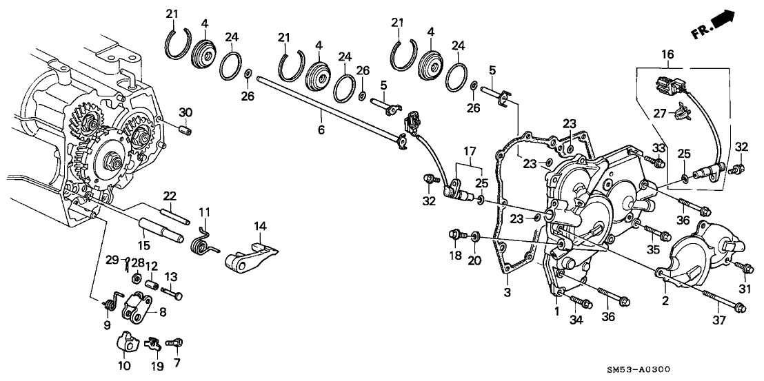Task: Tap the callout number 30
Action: tap(185, 112)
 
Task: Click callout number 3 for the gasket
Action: tap(507, 292)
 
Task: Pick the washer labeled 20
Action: tap(474, 238)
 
